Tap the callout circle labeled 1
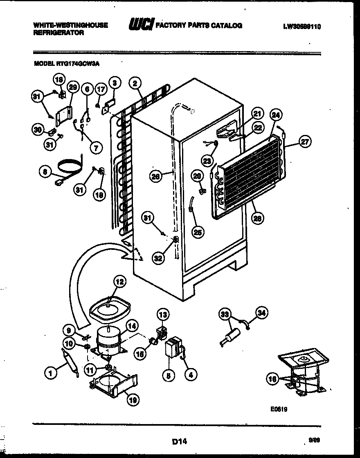point(50,372)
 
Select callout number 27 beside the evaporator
point(305,142)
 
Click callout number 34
point(262,313)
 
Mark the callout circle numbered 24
point(276,116)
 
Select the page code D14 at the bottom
point(179,441)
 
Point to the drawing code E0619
point(279,408)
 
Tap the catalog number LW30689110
point(301,27)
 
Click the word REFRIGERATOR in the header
point(59,33)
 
